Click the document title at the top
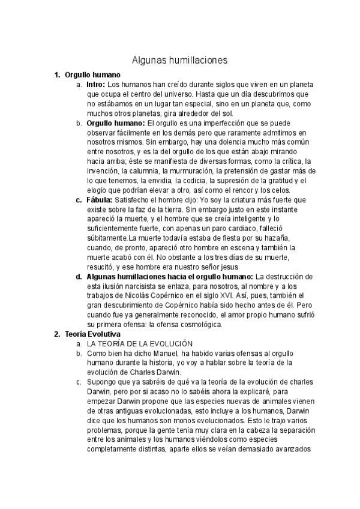179,60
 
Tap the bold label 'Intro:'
95,85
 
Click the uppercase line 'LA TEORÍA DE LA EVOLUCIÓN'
139,344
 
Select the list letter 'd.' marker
79,277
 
